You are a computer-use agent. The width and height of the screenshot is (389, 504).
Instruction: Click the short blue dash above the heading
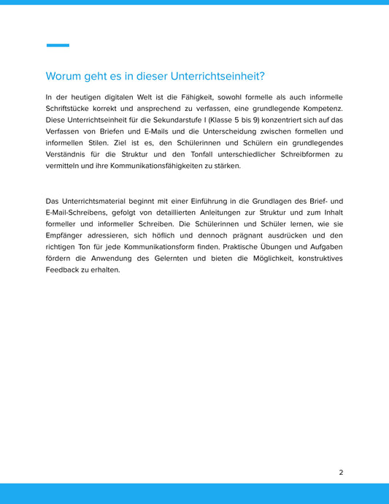pyautogui.click(x=58, y=45)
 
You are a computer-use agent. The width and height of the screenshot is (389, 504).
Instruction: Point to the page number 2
pyautogui.click(x=341, y=472)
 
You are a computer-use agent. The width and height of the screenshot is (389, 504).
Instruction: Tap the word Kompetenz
pyautogui.click(x=319, y=109)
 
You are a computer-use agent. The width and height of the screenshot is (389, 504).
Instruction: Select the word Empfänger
pyautogui.click(x=69, y=234)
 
